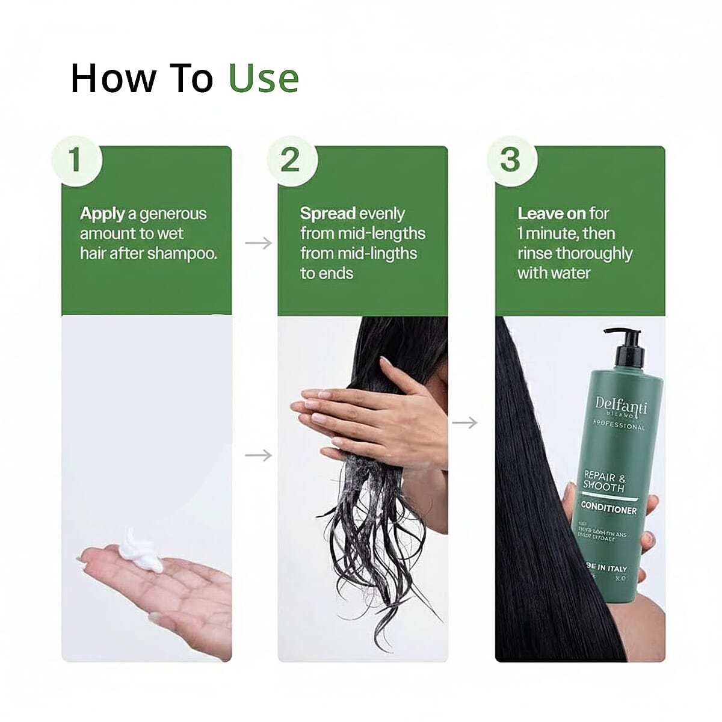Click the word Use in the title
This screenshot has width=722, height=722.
(264, 79)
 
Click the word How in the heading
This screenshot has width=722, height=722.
(113, 79)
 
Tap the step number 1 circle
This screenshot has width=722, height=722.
(76, 160)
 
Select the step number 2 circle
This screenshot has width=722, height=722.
(291, 160)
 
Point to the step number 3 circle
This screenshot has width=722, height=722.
(510, 160)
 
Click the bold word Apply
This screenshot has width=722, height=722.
(102, 214)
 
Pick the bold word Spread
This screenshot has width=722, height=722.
(328, 214)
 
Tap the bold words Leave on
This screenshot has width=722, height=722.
(551, 214)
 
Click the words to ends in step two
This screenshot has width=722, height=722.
(326, 273)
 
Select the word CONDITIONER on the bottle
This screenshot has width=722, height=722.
(608, 509)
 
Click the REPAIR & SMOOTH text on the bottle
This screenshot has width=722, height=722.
(603, 481)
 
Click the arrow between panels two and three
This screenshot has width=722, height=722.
(464, 423)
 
